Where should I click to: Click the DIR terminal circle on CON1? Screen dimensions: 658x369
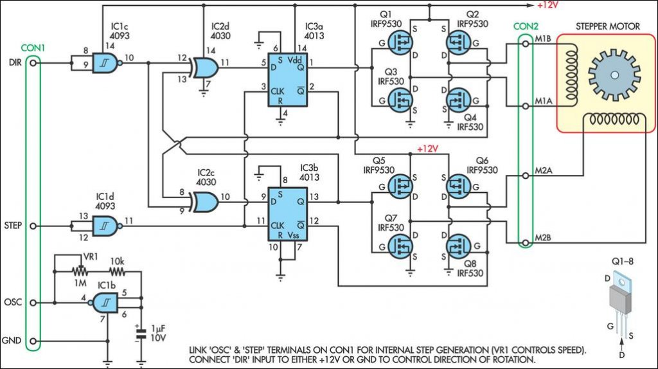click(33, 63)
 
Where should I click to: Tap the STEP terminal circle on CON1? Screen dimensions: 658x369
click(33, 226)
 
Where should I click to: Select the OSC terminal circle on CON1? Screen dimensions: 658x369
click(33, 302)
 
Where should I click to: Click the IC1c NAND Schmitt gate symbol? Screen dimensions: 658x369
click(107, 63)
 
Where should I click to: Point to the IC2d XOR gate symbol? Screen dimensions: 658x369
click(204, 67)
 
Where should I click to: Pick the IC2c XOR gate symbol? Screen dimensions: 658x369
click(204, 201)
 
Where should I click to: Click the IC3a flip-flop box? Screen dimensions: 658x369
click(288, 80)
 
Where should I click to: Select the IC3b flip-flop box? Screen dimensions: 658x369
click(288, 214)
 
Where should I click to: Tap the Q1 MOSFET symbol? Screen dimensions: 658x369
click(400, 42)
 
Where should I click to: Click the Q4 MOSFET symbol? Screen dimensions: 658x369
click(458, 100)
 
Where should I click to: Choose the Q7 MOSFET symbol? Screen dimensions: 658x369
click(400, 246)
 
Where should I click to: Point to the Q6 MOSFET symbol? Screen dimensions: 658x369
click(458, 186)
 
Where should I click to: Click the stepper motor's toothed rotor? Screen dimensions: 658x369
click(614, 75)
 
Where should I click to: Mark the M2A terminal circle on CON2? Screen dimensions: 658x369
click(526, 176)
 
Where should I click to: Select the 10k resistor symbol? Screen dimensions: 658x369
click(117, 272)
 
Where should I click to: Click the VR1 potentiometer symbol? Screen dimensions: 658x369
click(80, 271)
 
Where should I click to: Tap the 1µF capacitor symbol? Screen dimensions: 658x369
click(141, 334)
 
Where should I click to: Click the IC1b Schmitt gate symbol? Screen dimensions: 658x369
click(104, 302)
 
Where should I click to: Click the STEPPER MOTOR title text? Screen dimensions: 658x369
click(608, 26)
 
